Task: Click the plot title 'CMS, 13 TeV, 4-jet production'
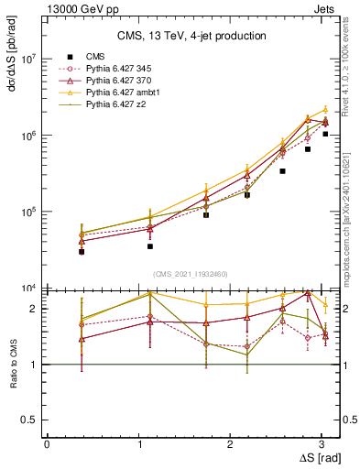coord(191,37)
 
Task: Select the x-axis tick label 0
coord(47,443)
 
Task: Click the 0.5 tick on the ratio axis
coord(31,420)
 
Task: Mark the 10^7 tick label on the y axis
coord(29,58)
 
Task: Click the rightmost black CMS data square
coord(325,134)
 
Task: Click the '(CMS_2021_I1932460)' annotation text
coord(191,273)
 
